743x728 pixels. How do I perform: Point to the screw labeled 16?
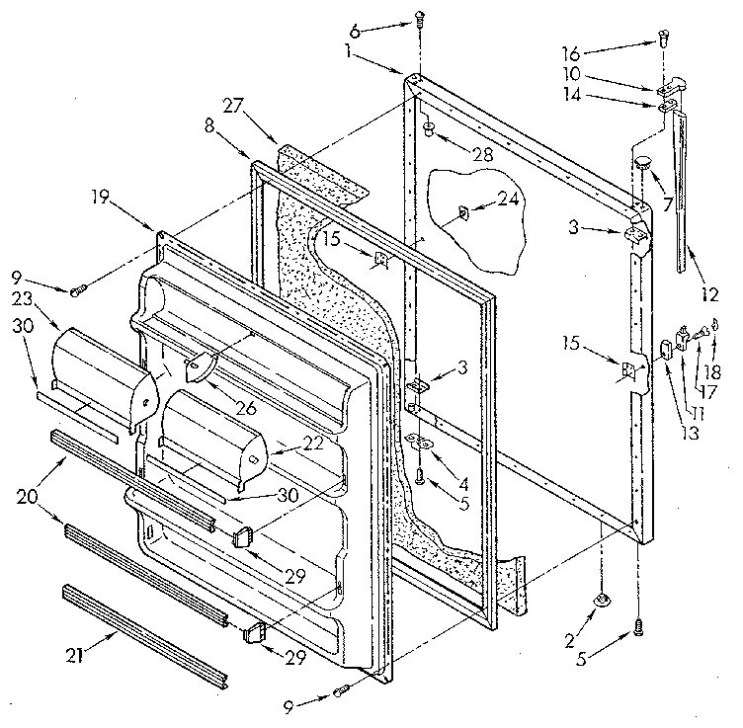[664, 41]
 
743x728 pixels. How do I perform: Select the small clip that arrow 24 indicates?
[462, 213]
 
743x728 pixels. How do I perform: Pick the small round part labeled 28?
[431, 129]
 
